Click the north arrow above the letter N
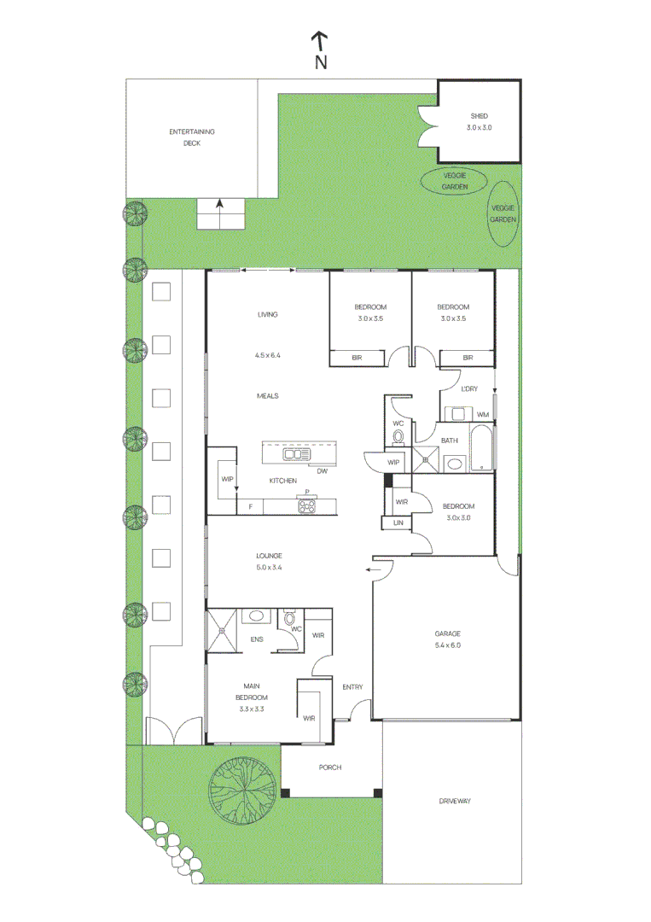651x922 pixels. [x=320, y=40]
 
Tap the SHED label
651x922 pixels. [x=479, y=116]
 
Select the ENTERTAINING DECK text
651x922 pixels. [x=191, y=137]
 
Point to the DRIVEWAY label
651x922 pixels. [x=455, y=801]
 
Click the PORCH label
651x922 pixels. [x=330, y=767]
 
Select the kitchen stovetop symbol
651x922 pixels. [x=306, y=505]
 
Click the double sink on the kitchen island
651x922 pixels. [x=297, y=454]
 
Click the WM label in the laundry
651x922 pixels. [x=483, y=415]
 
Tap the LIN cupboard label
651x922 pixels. [x=398, y=522]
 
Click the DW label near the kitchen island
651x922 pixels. [x=322, y=471]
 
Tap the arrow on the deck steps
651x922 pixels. [x=219, y=205]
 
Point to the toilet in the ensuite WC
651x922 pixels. [x=289, y=618]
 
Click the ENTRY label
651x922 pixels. [x=352, y=687]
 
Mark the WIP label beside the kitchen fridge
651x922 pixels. [x=227, y=480]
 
